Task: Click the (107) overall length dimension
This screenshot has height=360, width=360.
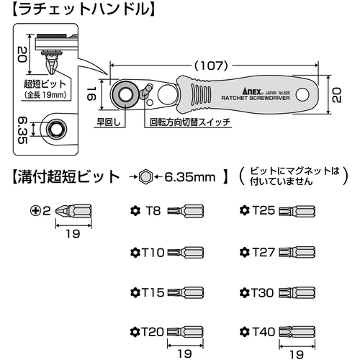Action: (x=211, y=66)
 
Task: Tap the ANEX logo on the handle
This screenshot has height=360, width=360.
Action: (x=252, y=91)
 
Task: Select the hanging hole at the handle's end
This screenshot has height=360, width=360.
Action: (x=302, y=95)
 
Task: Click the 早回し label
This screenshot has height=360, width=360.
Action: (x=108, y=122)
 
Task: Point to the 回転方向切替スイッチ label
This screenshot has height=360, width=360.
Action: (x=190, y=122)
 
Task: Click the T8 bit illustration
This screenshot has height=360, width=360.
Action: (x=186, y=211)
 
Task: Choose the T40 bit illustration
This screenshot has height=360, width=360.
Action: (x=297, y=332)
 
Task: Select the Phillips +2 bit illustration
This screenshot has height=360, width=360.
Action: (x=73, y=211)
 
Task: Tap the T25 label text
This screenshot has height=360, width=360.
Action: (x=264, y=210)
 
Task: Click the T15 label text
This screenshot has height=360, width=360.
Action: (x=153, y=292)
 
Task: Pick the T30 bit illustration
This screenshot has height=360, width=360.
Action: (x=297, y=293)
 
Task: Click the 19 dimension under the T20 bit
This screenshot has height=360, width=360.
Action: (x=185, y=354)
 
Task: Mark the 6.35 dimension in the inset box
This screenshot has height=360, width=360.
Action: (x=23, y=130)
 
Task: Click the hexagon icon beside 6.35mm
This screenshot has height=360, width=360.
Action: (x=145, y=177)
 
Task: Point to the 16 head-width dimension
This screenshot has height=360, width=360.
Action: (x=91, y=94)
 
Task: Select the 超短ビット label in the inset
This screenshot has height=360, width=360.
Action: (x=45, y=84)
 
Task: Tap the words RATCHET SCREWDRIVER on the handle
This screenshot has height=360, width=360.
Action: (x=256, y=98)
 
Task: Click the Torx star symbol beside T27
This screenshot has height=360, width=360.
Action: (x=245, y=252)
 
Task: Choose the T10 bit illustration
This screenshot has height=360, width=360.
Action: (x=186, y=253)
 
